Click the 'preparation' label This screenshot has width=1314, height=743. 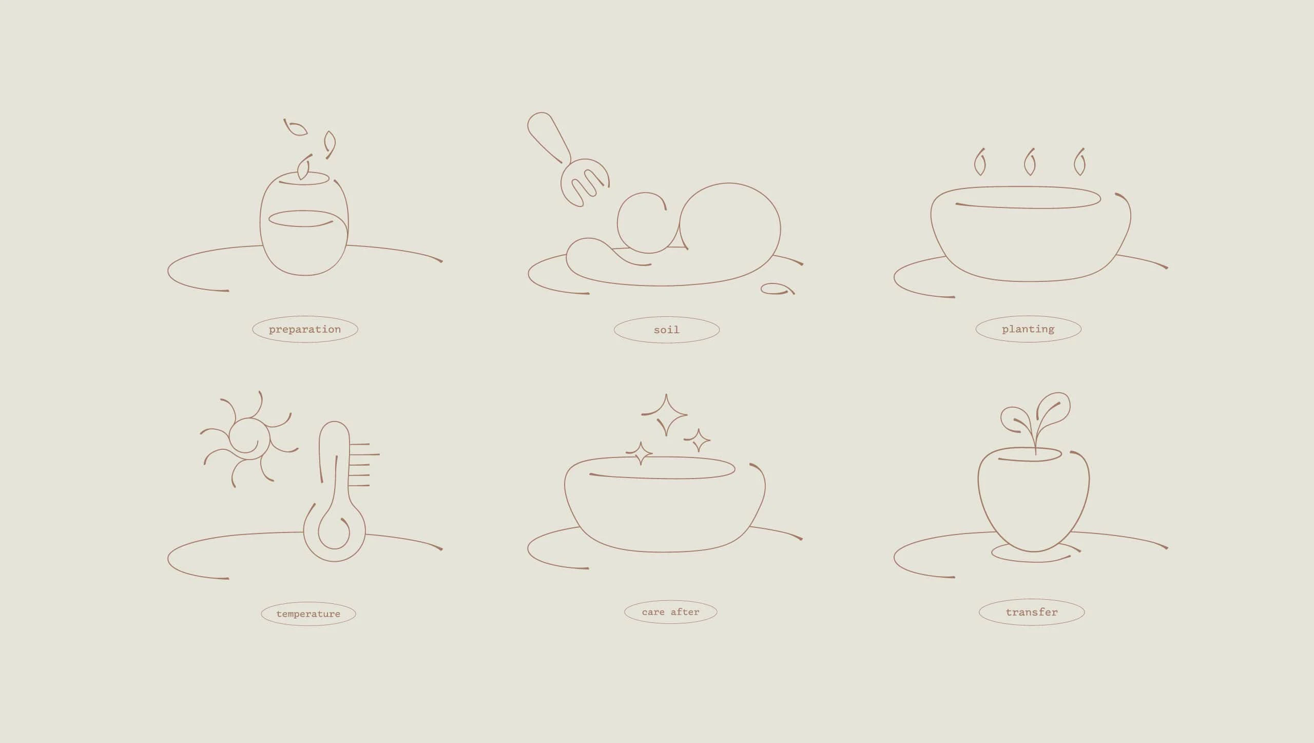coord(305,329)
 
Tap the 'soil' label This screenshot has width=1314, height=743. coord(667,330)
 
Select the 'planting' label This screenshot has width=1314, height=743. coord(1028,329)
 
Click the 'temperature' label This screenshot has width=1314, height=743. coord(308,614)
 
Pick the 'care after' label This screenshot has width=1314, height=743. coord(670,612)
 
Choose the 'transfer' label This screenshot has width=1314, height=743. coord(1032,612)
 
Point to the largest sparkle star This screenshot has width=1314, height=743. coord(666,414)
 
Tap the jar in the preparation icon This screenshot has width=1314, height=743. coord(304,224)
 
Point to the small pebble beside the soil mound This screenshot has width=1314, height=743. coord(777,289)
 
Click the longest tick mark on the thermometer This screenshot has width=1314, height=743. coord(364,454)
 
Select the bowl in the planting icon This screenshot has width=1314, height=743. coord(1031,234)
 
